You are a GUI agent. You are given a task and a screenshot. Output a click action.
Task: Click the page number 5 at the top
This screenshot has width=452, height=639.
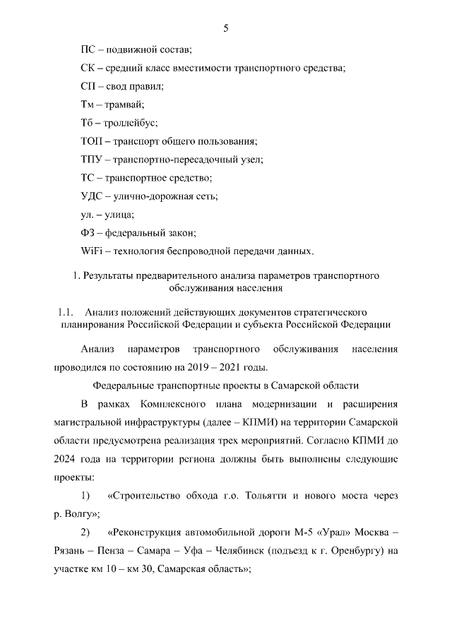[226, 28]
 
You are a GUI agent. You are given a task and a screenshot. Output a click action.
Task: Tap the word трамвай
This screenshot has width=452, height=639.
[125, 104]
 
